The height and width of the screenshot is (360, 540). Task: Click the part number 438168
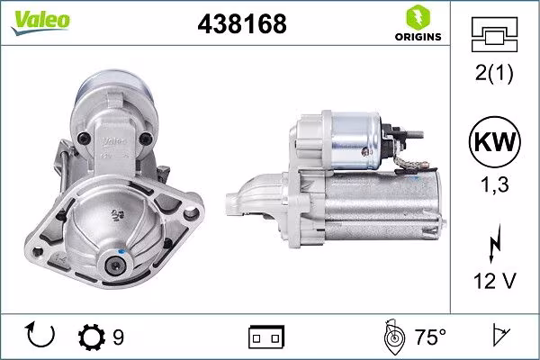tap(240, 24)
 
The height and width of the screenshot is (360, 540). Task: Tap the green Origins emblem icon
tap(417, 17)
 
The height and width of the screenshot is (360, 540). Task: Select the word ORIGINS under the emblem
tap(417, 37)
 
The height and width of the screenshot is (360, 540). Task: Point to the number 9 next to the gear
tap(118, 337)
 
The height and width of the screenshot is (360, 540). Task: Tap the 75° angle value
tap(429, 337)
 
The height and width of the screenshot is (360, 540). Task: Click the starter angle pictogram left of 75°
tap(392, 337)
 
